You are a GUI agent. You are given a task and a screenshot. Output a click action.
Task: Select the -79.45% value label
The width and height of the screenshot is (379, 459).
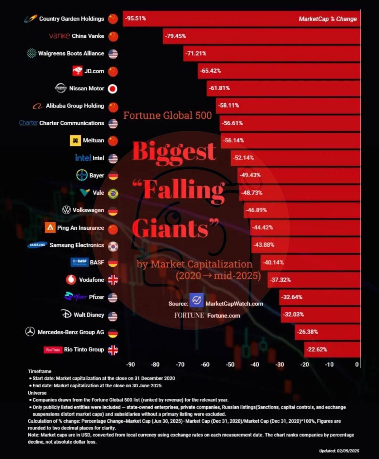(175, 36)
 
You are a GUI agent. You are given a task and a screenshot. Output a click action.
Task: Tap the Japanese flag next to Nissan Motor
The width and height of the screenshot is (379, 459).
(113, 89)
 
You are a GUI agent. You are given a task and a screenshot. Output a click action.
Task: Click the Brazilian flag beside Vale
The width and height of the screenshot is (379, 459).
(113, 194)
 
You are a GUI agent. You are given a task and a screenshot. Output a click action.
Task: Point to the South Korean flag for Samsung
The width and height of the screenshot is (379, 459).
(113, 246)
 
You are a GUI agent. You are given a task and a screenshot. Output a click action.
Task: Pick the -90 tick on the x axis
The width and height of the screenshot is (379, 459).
(131, 364)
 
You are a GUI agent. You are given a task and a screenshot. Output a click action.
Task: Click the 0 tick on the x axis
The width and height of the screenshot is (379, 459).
(357, 364)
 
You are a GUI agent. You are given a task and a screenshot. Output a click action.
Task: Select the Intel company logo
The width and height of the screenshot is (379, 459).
(83, 158)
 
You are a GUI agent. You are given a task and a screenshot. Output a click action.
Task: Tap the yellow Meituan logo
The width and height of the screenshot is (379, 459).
(75, 141)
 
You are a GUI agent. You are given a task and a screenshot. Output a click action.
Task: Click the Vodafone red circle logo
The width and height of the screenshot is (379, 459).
(71, 280)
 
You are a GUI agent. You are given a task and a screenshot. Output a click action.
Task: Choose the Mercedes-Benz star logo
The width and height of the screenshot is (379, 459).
(30, 332)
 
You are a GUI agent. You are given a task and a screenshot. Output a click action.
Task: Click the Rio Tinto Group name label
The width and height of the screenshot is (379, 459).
(84, 349)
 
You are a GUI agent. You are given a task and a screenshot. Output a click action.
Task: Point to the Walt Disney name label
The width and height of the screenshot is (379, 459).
(89, 315)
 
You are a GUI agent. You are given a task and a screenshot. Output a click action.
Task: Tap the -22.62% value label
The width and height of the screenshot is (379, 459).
(317, 349)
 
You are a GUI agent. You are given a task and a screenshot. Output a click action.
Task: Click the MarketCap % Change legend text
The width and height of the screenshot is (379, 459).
(328, 19)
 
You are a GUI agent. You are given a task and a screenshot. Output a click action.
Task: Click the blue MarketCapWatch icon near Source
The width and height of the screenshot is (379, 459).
(196, 300)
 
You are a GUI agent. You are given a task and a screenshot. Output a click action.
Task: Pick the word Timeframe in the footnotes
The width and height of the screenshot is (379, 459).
(40, 371)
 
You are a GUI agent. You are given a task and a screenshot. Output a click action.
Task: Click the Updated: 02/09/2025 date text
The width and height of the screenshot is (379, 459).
(339, 451)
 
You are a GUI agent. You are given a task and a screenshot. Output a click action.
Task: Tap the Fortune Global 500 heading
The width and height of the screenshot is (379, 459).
(168, 115)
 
